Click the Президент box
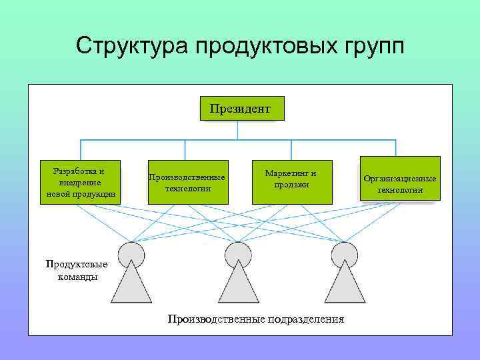[241, 108]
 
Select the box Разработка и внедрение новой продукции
[81, 182]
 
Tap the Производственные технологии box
[187, 182]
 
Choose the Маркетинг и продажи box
[292, 182]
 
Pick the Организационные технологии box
[400, 179]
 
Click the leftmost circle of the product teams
[131, 255]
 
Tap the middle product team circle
[238, 255]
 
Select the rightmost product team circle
[345, 255]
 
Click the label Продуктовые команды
[77, 270]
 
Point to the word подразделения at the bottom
[306, 319]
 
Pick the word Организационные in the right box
[400, 179]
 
